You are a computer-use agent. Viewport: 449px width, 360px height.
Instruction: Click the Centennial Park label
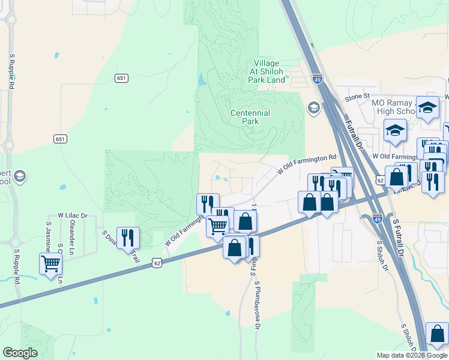[x=250, y=117]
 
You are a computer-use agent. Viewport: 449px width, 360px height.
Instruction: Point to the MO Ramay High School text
[x=393, y=107]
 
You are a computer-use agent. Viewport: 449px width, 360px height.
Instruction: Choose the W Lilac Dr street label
[x=73, y=215]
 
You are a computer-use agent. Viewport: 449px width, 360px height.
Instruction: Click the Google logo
[x=20, y=353]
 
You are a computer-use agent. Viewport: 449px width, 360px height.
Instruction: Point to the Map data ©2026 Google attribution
[x=412, y=355]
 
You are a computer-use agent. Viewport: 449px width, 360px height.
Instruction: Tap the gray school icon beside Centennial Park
[x=313, y=107]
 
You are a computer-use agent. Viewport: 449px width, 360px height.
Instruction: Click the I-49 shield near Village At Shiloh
[x=317, y=79]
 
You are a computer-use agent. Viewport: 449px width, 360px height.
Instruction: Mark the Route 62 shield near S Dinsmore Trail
[x=157, y=262]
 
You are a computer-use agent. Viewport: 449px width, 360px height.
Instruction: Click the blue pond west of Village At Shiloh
[x=202, y=79]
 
